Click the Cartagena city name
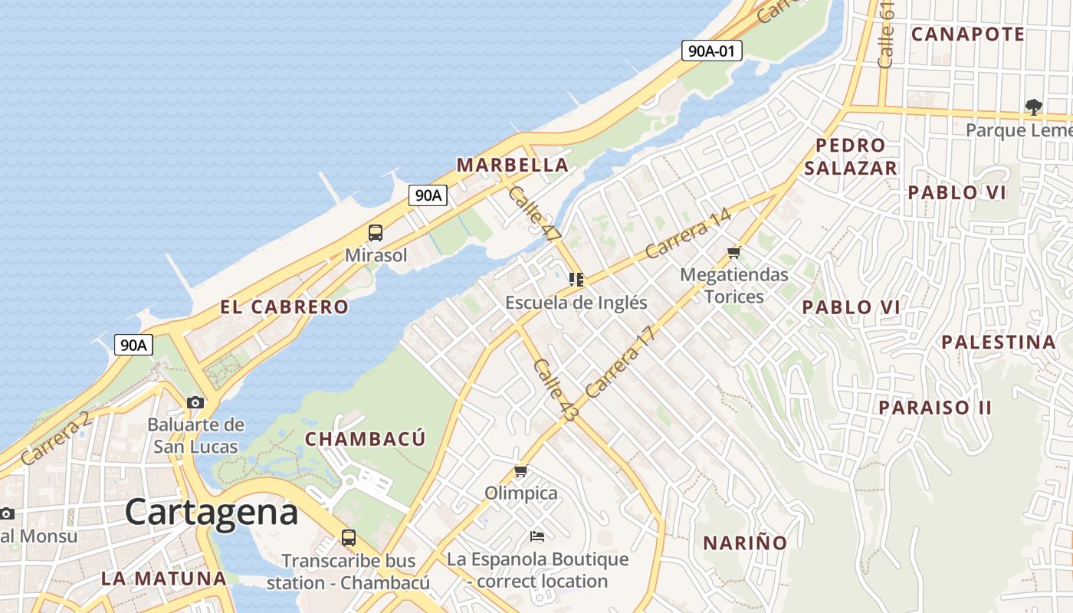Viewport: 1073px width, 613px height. (x=212, y=512)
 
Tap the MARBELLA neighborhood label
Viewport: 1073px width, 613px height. (x=513, y=165)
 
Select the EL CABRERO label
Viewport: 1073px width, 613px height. (x=284, y=307)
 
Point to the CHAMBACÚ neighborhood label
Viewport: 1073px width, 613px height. (x=365, y=439)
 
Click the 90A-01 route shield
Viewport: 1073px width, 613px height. (x=712, y=51)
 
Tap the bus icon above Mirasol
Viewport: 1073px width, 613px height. (x=376, y=233)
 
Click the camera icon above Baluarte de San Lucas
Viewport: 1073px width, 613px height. (x=195, y=402)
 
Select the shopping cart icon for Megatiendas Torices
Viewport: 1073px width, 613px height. (x=734, y=252)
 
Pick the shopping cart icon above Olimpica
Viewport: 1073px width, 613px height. (x=521, y=470)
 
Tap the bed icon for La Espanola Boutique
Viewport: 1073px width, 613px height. (x=537, y=536)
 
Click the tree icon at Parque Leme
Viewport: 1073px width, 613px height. (x=1034, y=107)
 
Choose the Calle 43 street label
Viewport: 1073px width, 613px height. (x=556, y=389)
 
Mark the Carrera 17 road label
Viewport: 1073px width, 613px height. (x=621, y=362)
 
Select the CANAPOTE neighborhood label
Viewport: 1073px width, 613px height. (x=968, y=34)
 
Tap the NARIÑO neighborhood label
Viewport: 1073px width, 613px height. (x=745, y=543)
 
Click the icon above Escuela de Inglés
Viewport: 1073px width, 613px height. (x=576, y=280)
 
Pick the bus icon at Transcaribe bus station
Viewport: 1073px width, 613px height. (x=349, y=538)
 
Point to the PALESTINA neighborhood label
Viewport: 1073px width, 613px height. (x=999, y=342)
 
